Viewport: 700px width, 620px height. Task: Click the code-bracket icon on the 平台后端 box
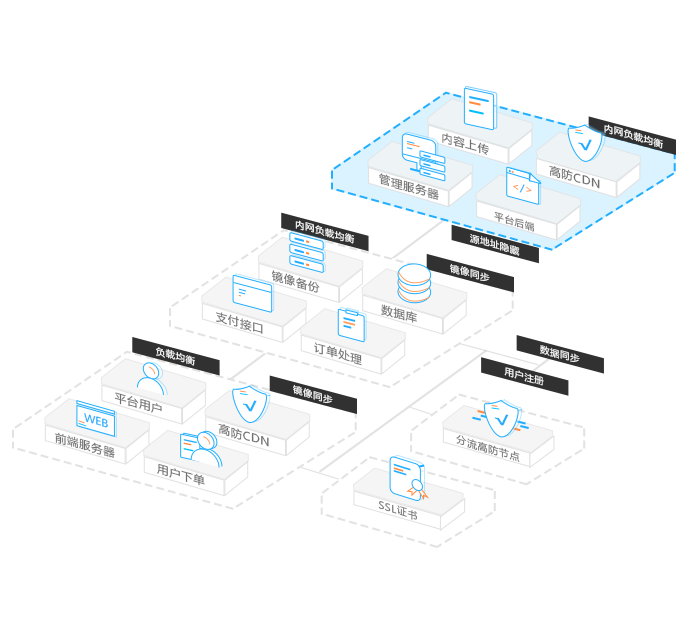pos(521,184)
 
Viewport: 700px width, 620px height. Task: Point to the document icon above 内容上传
pos(480,107)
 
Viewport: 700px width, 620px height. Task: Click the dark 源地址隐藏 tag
pos(494,245)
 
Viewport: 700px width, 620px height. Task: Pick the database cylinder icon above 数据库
pos(413,283)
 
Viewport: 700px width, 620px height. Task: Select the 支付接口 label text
pos(240,325)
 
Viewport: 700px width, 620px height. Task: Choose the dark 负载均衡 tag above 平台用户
pos(175,354)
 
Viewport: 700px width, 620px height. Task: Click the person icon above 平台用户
pos(149,379)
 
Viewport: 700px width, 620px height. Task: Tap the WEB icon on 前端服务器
pos(96,418)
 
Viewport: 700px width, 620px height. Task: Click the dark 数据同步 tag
pos(559,353)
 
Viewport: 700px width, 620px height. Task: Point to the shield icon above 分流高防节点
pos(497,412)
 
